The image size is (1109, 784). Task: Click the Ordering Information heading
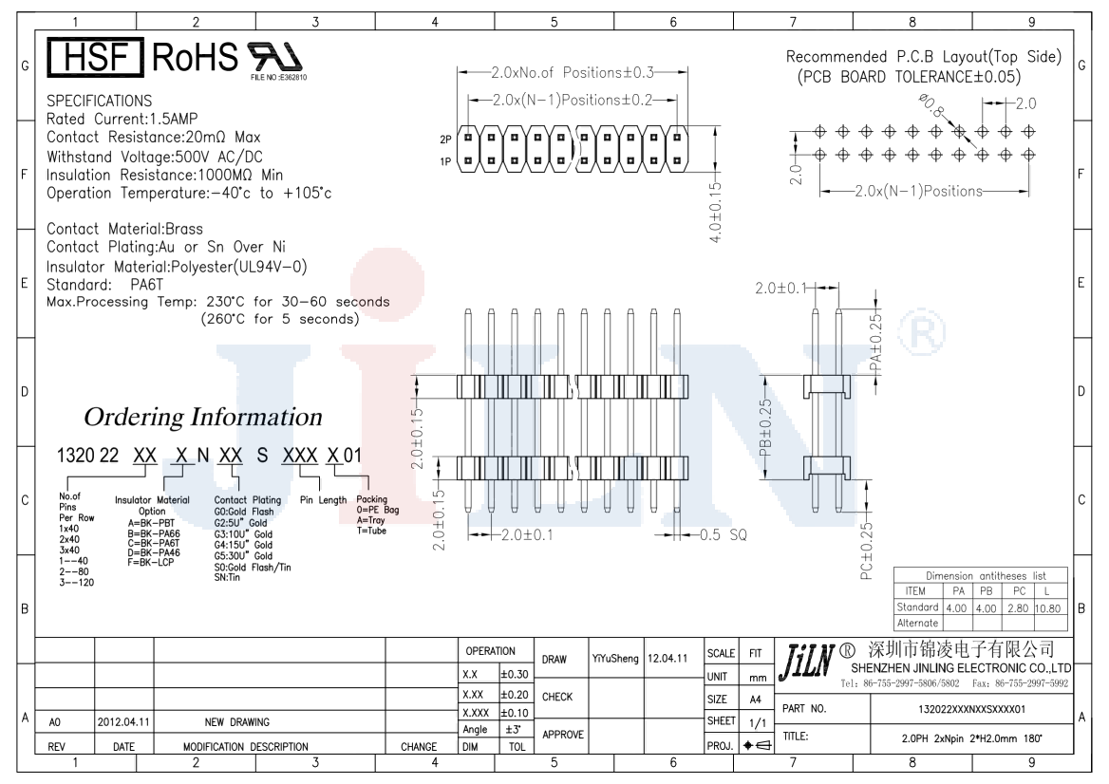click(x=203, y=417)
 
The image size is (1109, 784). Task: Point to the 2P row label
click(x=445, y=139)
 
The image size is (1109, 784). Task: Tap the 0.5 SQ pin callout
click(x=724, y=535)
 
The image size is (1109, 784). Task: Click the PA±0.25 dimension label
click(x=875, y=343)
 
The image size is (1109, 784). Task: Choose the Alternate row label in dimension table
click(x=917, y=623)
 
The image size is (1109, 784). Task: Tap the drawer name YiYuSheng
click(x=615, y=657)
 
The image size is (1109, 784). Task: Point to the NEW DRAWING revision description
click(x=237, y=722)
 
